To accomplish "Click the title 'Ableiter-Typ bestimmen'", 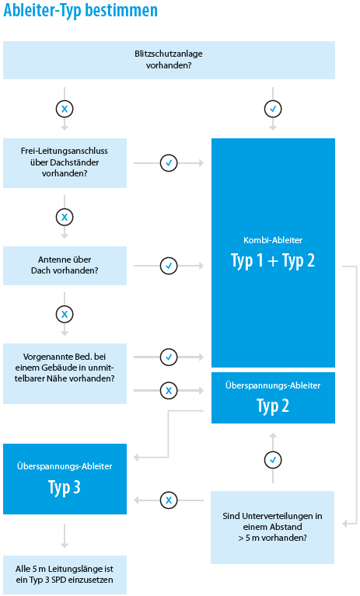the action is (80, 11).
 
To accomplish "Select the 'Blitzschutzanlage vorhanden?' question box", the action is (169, 60).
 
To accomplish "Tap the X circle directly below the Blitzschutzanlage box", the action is (65, 109).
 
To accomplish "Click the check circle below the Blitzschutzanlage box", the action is (273, 109).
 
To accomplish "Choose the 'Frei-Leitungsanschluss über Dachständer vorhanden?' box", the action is (65, 162).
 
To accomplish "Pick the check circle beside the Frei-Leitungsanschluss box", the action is (169, 163).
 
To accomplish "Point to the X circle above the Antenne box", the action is (65, 218).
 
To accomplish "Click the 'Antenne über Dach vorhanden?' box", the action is (65, 265).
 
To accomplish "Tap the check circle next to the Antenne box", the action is (169, 266).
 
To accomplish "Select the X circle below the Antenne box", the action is (65, 315).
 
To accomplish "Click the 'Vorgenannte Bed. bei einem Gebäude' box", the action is (65, 373).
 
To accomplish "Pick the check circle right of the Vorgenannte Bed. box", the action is (169, 357).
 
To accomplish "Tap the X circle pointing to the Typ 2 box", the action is (169, 390).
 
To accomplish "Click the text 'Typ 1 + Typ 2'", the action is (273, 261).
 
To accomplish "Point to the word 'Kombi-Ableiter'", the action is (273, 240).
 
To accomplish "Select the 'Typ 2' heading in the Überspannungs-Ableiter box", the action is (273, 406).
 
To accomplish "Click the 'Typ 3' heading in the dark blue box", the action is (65, 487).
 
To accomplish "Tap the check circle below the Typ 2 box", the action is (273, 460).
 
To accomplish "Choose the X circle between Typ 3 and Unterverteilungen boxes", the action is (169, 500).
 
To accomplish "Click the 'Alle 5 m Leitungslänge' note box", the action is (65, 575).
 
